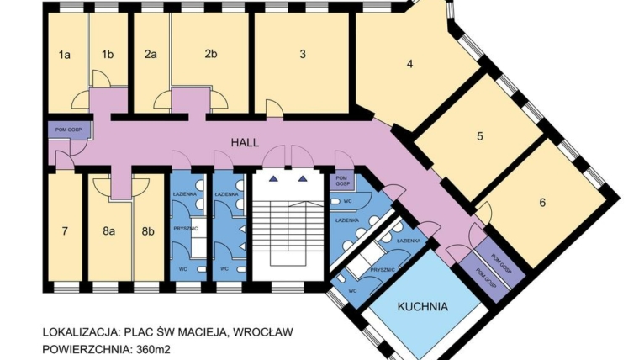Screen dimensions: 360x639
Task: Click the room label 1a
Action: point(64,56)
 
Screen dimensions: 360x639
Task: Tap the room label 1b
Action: point(108,56)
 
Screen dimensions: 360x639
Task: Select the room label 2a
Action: point(151,56)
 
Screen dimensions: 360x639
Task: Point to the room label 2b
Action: point(210,56)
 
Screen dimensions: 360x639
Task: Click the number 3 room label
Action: point(302,56)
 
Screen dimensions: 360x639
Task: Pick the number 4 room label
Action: point(410,64)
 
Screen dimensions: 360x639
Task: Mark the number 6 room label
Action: point(542,203)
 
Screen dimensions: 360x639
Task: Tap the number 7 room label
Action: point(64,230)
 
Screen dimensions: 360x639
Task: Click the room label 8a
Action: point(108,230)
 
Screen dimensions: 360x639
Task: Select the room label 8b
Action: point(149,230)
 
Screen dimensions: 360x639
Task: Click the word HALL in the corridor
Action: point(246,143)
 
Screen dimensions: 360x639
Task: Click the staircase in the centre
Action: point(288,227)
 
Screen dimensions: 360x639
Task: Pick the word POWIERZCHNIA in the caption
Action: point(83,348)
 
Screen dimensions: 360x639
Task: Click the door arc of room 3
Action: point(274,107)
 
